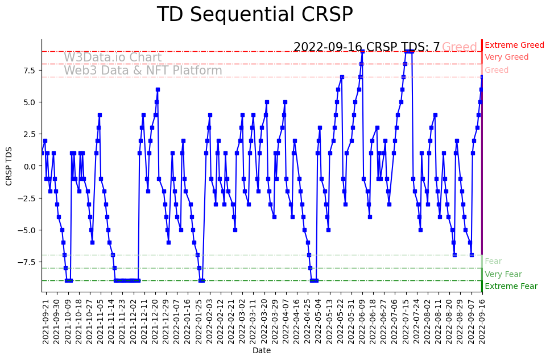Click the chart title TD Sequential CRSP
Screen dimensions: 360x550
[255, 15]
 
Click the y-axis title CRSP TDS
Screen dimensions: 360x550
[9, 166]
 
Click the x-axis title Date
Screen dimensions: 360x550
[262, 351]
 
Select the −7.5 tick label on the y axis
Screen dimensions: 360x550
[27, 262]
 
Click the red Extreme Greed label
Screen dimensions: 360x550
[514, 45]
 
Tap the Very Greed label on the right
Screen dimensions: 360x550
[506, 57]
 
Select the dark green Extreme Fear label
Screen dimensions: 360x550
[511, 287]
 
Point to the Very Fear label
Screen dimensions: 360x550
[503, 274]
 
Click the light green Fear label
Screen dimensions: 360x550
[493, 262]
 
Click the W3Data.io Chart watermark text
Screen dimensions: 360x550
[113, 57]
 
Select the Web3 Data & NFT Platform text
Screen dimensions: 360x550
[143, 71]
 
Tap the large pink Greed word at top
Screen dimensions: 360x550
[460, 47]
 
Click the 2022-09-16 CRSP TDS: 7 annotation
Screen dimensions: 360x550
[366, 47]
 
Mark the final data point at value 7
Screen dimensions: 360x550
[482, 77]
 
